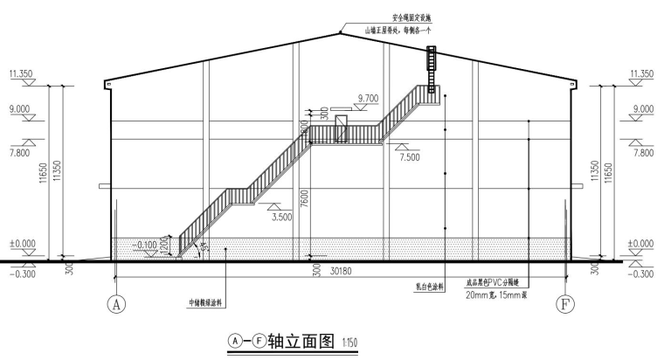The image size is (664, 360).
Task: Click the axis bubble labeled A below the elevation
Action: point(115,305)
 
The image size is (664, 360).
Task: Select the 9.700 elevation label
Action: point(369,98)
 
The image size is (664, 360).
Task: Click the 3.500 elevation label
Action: point(282,216)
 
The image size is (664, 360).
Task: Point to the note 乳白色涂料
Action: point(427,284)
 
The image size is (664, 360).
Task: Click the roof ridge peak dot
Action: point(340,32)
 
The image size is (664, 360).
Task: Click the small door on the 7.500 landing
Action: point(342,128)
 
